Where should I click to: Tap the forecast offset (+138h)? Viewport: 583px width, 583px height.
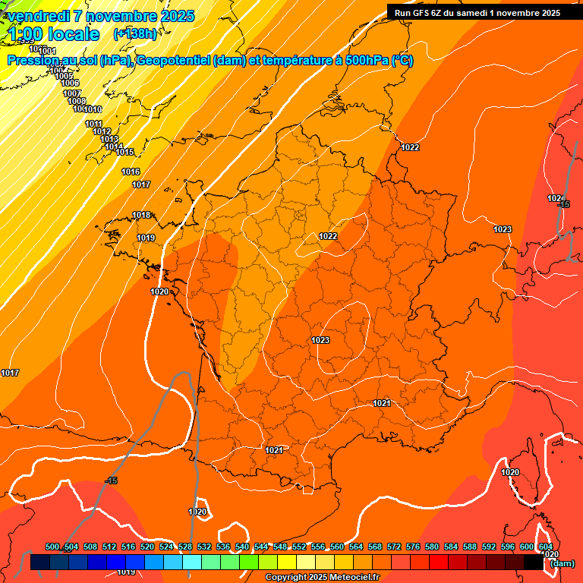tap(134, 34)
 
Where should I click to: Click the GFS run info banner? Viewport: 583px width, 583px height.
tap(477, 13)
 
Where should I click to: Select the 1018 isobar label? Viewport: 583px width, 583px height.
tap(141, 216)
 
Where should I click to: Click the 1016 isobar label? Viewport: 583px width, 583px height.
tap(131, 172)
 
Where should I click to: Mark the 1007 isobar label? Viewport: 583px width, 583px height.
tap(72, 93)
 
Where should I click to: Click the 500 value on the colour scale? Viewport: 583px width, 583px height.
tap(52, 547)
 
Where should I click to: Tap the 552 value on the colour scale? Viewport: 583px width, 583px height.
tap(299, 547)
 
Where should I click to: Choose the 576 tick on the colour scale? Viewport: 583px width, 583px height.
tap(413, 547)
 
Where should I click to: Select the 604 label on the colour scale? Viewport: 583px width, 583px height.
tap(546, 547)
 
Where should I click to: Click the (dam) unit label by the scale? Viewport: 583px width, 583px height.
tap(563, 563)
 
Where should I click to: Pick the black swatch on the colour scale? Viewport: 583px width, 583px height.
tap(534, 563)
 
